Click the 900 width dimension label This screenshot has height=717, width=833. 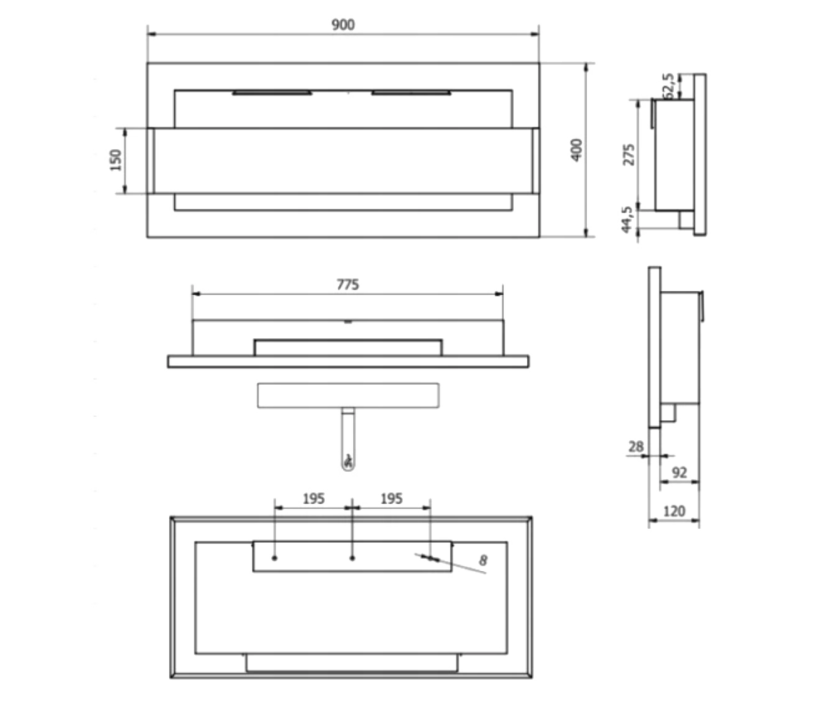(x=343, y=25)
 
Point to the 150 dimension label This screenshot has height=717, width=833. (x=116, y=159)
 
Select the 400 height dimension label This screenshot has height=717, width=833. (x=578, y=149)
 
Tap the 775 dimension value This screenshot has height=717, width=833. (x=347, y=284)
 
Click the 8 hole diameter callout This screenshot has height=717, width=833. (x=484, y=561)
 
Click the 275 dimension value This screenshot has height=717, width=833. (x=627, y=155)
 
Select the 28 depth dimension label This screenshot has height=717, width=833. (x=636, y=447)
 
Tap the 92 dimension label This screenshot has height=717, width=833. (x=680, y=473)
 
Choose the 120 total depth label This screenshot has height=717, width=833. (x=675, y=511)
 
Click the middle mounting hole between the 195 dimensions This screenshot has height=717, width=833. (x=352, y=558)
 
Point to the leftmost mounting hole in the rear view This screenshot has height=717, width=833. (x=275, y=558)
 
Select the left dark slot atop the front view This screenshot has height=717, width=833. (x=272, y=93)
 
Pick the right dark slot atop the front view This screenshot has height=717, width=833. (x=412, y=93)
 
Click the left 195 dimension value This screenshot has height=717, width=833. (x=313, y=499)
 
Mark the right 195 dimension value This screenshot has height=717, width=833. (x=390, y=499)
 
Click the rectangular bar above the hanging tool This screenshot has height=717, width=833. (x=348, y=395)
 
